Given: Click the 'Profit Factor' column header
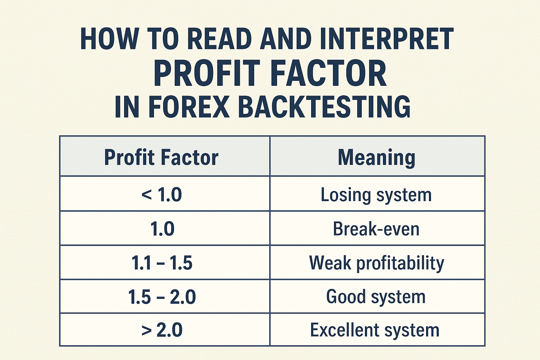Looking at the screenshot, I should point(161,157).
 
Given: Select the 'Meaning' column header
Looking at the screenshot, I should point(377,157).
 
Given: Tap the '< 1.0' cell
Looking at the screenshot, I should point(161,194).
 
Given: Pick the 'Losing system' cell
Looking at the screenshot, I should point(376,194).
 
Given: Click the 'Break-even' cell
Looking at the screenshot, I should point(376,229).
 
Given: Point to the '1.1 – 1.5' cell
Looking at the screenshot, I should point(162,263).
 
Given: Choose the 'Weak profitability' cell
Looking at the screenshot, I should point(377,263).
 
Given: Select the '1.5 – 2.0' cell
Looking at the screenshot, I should point(162,297).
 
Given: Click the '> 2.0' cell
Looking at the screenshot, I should point(162,330).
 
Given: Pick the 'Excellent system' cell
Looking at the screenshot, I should point(375,330).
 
